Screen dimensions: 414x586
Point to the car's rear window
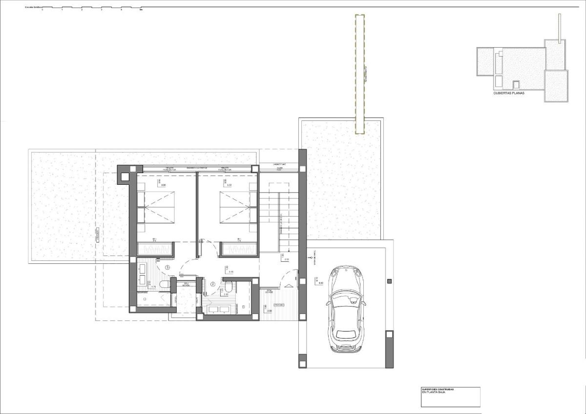tap(346, 335)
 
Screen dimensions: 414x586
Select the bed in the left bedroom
tap(156, 207)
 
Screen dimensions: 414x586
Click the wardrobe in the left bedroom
tap(156, 249)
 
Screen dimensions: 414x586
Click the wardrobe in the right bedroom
tap(239, 249)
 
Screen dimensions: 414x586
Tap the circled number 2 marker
tap(213, 284)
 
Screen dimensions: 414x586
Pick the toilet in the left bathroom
tap(164, 284)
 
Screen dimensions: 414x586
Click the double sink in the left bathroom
tap(142, 274)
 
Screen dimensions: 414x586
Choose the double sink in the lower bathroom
tap(220, 309)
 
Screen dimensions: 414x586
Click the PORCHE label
tap(279, 305)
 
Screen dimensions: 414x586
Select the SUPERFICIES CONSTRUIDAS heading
tap(438, 389)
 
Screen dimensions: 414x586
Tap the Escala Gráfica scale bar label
tap(33, 8)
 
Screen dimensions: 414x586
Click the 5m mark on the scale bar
tap(141, 9)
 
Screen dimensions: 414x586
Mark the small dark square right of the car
tap(389, 282)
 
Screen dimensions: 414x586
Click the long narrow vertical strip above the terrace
tap(359, 73)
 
